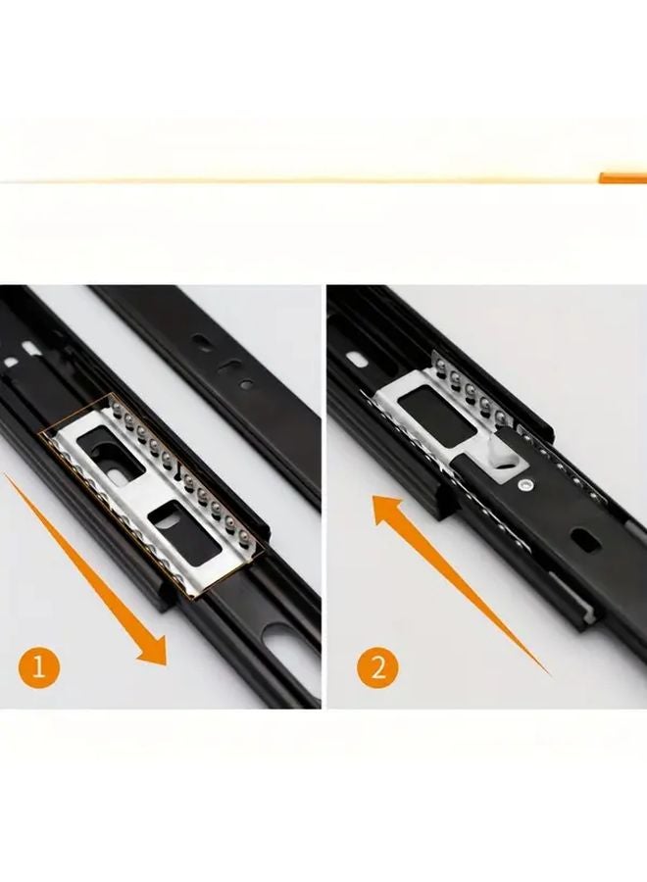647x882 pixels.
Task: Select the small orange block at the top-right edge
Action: coord(622,177)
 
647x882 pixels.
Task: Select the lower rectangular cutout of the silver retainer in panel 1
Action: coord(166,518)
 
